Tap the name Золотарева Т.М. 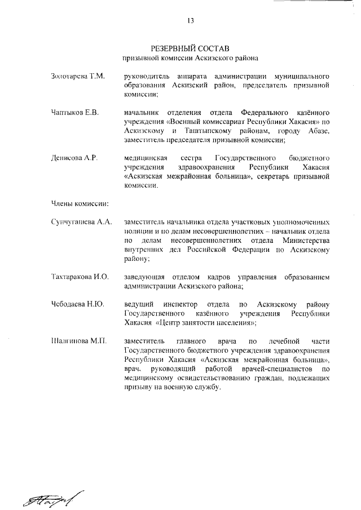click(77, 76)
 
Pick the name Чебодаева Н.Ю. click(77, 304)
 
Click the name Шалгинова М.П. click(78, 340)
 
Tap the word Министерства click(300, 241)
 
